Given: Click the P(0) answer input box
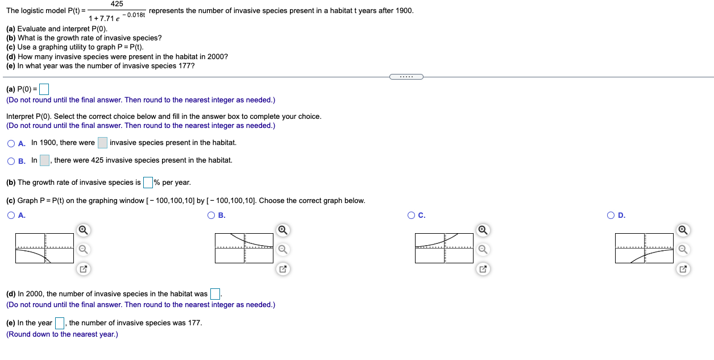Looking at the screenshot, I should pyautogui.click(x=43, y=89).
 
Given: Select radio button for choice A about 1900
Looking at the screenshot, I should pyautogui.click(x=11, y=143).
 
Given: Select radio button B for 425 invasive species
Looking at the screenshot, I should pyautogui.click(x=11, y=161).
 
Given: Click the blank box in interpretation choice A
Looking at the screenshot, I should pyautogui.click(x=102, y=143).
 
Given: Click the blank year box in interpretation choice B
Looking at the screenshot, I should pyautogui.click(x=44, y=160).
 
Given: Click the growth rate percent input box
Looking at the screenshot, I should pyautogui.click(x=148, y=183).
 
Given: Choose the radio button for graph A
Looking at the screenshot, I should pyautogui.click(x=11, y=216).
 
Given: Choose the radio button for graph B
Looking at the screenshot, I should pyautogui.click(x=211, y=216).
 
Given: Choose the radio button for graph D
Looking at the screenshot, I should pyautogui.click(x=611, y=216).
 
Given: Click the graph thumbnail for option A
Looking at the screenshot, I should pyautogui.click(x=44, y=248).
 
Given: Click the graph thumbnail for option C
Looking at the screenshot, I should pyautogui.click(x=444, y=248).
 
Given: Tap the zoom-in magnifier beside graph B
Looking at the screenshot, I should pyautogui.click(x=283, y=230).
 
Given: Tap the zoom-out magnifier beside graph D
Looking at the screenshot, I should pyautogui.click(x=682, y=249).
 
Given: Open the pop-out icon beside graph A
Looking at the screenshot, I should pyautogui.click(x=82, y=268).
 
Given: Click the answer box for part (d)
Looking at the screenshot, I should pyautogui.click(x=215, y=294).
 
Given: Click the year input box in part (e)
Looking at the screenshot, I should pyautogui.click(x=60, y=323).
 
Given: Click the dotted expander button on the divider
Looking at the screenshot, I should pyautogui.click(x=406, y=77).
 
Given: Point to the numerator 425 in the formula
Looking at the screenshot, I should pyautogui.click(x=117, y=4).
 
